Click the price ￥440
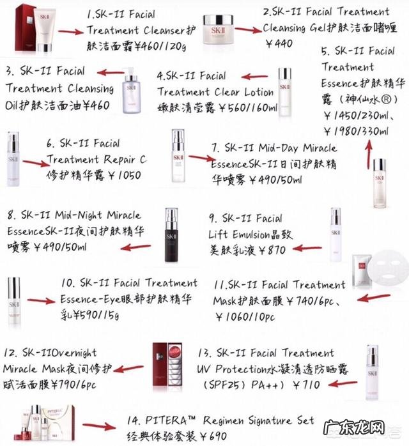277,44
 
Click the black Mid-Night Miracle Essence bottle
172,235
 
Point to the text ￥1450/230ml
356,116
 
